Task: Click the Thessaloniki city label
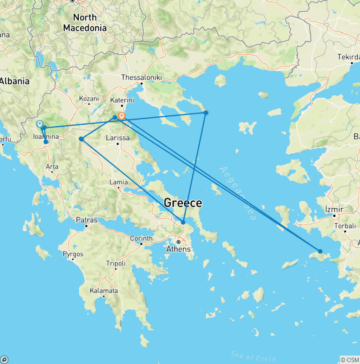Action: coord(141,77)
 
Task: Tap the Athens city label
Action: coord(179,249)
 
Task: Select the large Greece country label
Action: coord(183,203)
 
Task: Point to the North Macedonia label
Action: coord(85,23)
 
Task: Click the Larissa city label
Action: coord(118,138)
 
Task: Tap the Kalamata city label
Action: coord(104,291)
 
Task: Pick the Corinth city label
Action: coord(141,238)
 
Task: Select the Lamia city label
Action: coord(118,182)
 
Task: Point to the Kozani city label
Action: coord(89,99)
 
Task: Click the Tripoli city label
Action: coord(116,263)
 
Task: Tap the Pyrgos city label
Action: coord(73,254)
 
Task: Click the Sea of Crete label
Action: coord(247,354)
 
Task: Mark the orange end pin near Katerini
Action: coord(122,116)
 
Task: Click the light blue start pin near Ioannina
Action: coord(39,124)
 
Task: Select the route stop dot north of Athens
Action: coord(183,222)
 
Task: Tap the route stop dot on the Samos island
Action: coord(320,251)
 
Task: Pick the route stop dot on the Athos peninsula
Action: coord(205,113)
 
